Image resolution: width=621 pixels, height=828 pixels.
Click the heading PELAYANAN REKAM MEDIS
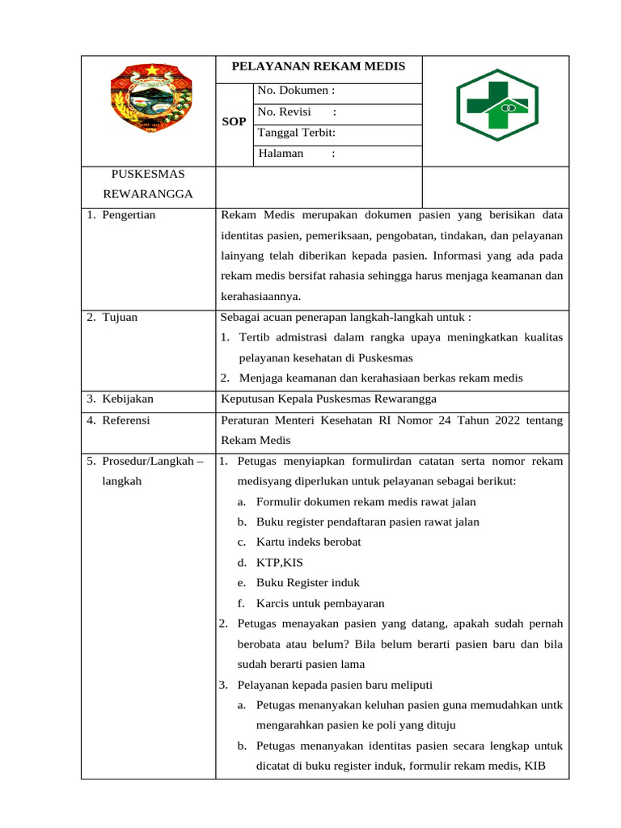319,66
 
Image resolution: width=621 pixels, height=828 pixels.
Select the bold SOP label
234,122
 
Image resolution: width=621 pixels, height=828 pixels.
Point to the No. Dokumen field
296,91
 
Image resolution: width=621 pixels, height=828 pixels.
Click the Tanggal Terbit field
297,133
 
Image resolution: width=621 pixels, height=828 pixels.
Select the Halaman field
297,154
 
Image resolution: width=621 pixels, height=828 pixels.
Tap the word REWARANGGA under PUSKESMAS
148,195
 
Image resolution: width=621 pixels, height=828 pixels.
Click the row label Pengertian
129,215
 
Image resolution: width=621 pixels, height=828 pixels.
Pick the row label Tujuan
120,317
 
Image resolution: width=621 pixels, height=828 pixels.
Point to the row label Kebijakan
128,399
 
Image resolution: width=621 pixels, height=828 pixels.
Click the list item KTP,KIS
280,563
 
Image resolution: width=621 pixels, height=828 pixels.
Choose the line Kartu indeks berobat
308,542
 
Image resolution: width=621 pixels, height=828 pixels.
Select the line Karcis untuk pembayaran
320,603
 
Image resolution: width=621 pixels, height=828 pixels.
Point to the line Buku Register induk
308,583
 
